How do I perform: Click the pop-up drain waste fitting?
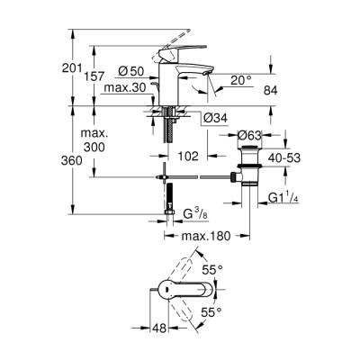point(247,166)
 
